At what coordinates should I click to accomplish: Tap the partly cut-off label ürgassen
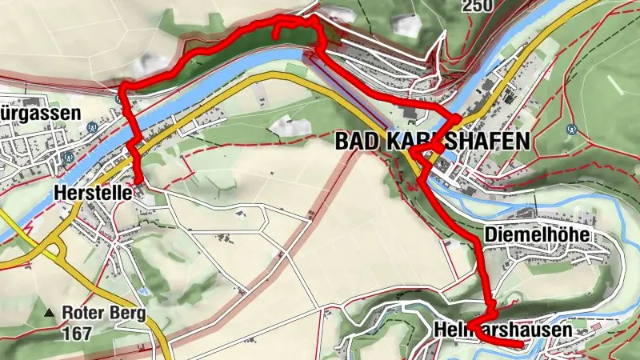tap(40, 114)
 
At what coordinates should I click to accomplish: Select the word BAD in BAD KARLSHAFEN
tap(354, 142)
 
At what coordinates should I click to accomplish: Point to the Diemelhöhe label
tap(536, 235)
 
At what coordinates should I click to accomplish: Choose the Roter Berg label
tap(104, 314)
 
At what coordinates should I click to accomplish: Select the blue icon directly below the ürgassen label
tap(93, 126)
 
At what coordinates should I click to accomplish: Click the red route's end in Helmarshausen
tap(521, 344)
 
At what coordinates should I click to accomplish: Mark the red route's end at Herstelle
tap(138, 181)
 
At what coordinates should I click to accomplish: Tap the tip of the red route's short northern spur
tap(277, 37)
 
